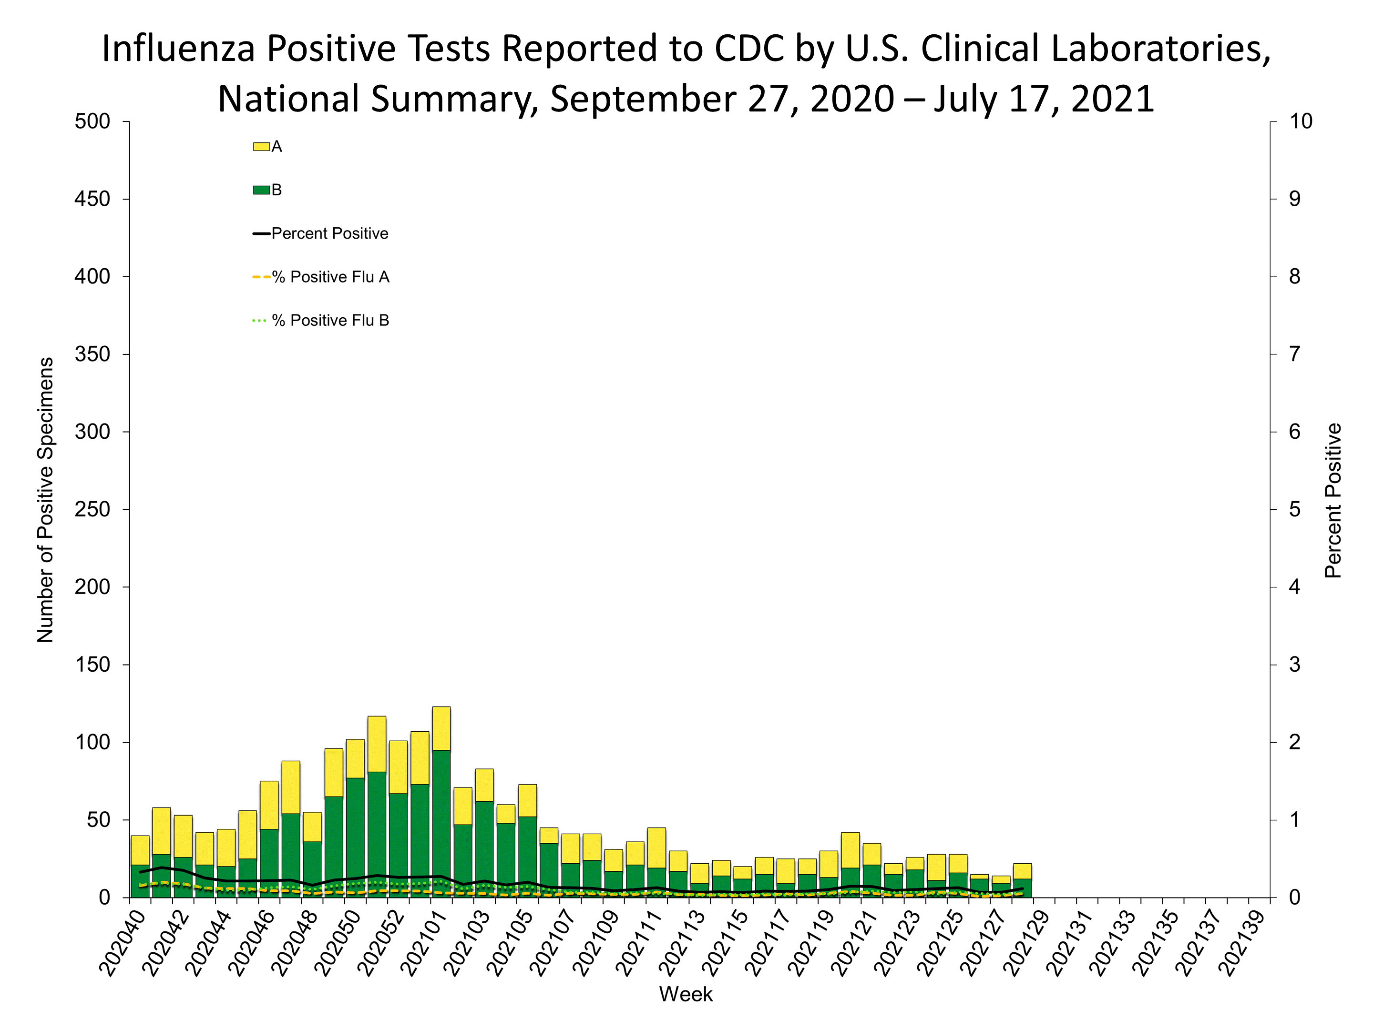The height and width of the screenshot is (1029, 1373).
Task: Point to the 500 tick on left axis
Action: [92, 121]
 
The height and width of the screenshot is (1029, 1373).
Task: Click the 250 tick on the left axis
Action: [92, 510]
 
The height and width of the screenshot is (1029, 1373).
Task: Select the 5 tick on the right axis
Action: [1294, 510]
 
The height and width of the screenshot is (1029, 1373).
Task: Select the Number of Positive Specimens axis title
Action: [45, 500]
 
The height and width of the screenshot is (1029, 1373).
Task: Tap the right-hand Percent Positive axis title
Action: [1332, 500]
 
